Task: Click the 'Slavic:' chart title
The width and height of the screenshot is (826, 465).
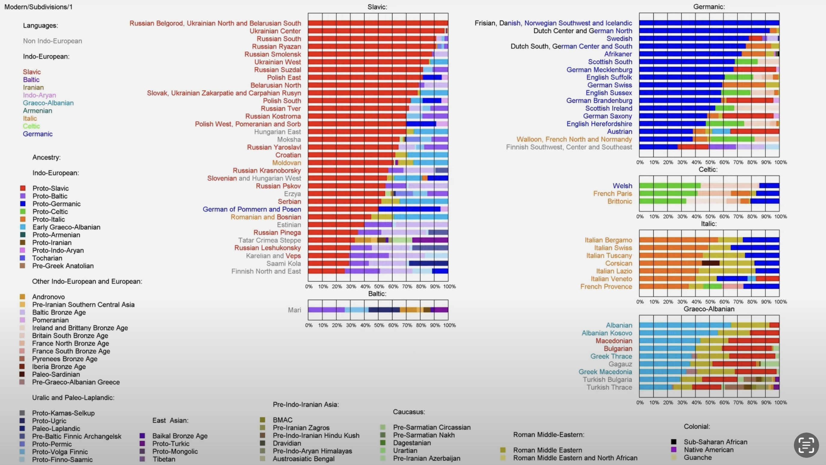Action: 377,7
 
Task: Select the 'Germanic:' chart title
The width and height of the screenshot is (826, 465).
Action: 709,7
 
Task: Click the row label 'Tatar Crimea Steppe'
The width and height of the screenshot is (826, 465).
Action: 269,240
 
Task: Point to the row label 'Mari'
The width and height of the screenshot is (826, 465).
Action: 294,310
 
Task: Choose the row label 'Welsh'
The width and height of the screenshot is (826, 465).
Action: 622,186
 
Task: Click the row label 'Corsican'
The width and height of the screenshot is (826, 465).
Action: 618,263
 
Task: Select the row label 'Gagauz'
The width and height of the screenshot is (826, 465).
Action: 620,364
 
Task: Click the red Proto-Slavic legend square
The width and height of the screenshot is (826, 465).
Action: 23,188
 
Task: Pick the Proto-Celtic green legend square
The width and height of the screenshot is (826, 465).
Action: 23,212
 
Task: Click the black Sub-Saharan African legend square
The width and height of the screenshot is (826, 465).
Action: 674,442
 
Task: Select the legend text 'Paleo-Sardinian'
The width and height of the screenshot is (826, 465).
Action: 56,374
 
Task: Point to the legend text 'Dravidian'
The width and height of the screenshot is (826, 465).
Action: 287,443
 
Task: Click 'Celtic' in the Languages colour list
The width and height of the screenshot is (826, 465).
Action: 31,126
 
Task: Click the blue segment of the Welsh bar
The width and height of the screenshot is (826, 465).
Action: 769,186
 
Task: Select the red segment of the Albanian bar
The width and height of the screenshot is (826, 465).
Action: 774,325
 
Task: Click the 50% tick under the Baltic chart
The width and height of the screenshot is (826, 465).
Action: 379,325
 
